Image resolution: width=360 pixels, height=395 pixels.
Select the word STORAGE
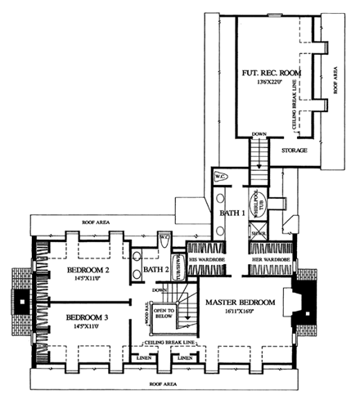[x=294, y=151]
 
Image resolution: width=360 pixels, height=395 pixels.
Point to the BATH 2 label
[x=155, y=269]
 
